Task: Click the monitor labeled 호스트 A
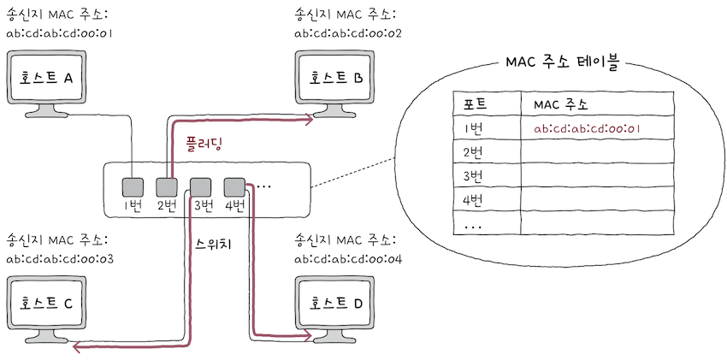pyautogui.click(x=50, y=79)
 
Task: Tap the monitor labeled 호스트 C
pyautogui.click(x=50, y=303)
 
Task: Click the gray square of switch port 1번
pyautogui.click(x=132, y=186)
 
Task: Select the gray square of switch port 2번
pyautogui.click(x=166, y=186)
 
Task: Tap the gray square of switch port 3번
pyautogui.click(x=200, y=186)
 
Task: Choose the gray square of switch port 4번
pyautogui.click(x=233, y=186)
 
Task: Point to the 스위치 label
pyautogui.click(x=215, y=242)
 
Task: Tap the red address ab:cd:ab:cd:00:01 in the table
pyautogui.click(x=587, y=129)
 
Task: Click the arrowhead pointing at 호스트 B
pyautogui.click(x=308, y=121)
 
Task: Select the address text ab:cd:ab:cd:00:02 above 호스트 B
pyautogui.click(x=346, y=33)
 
